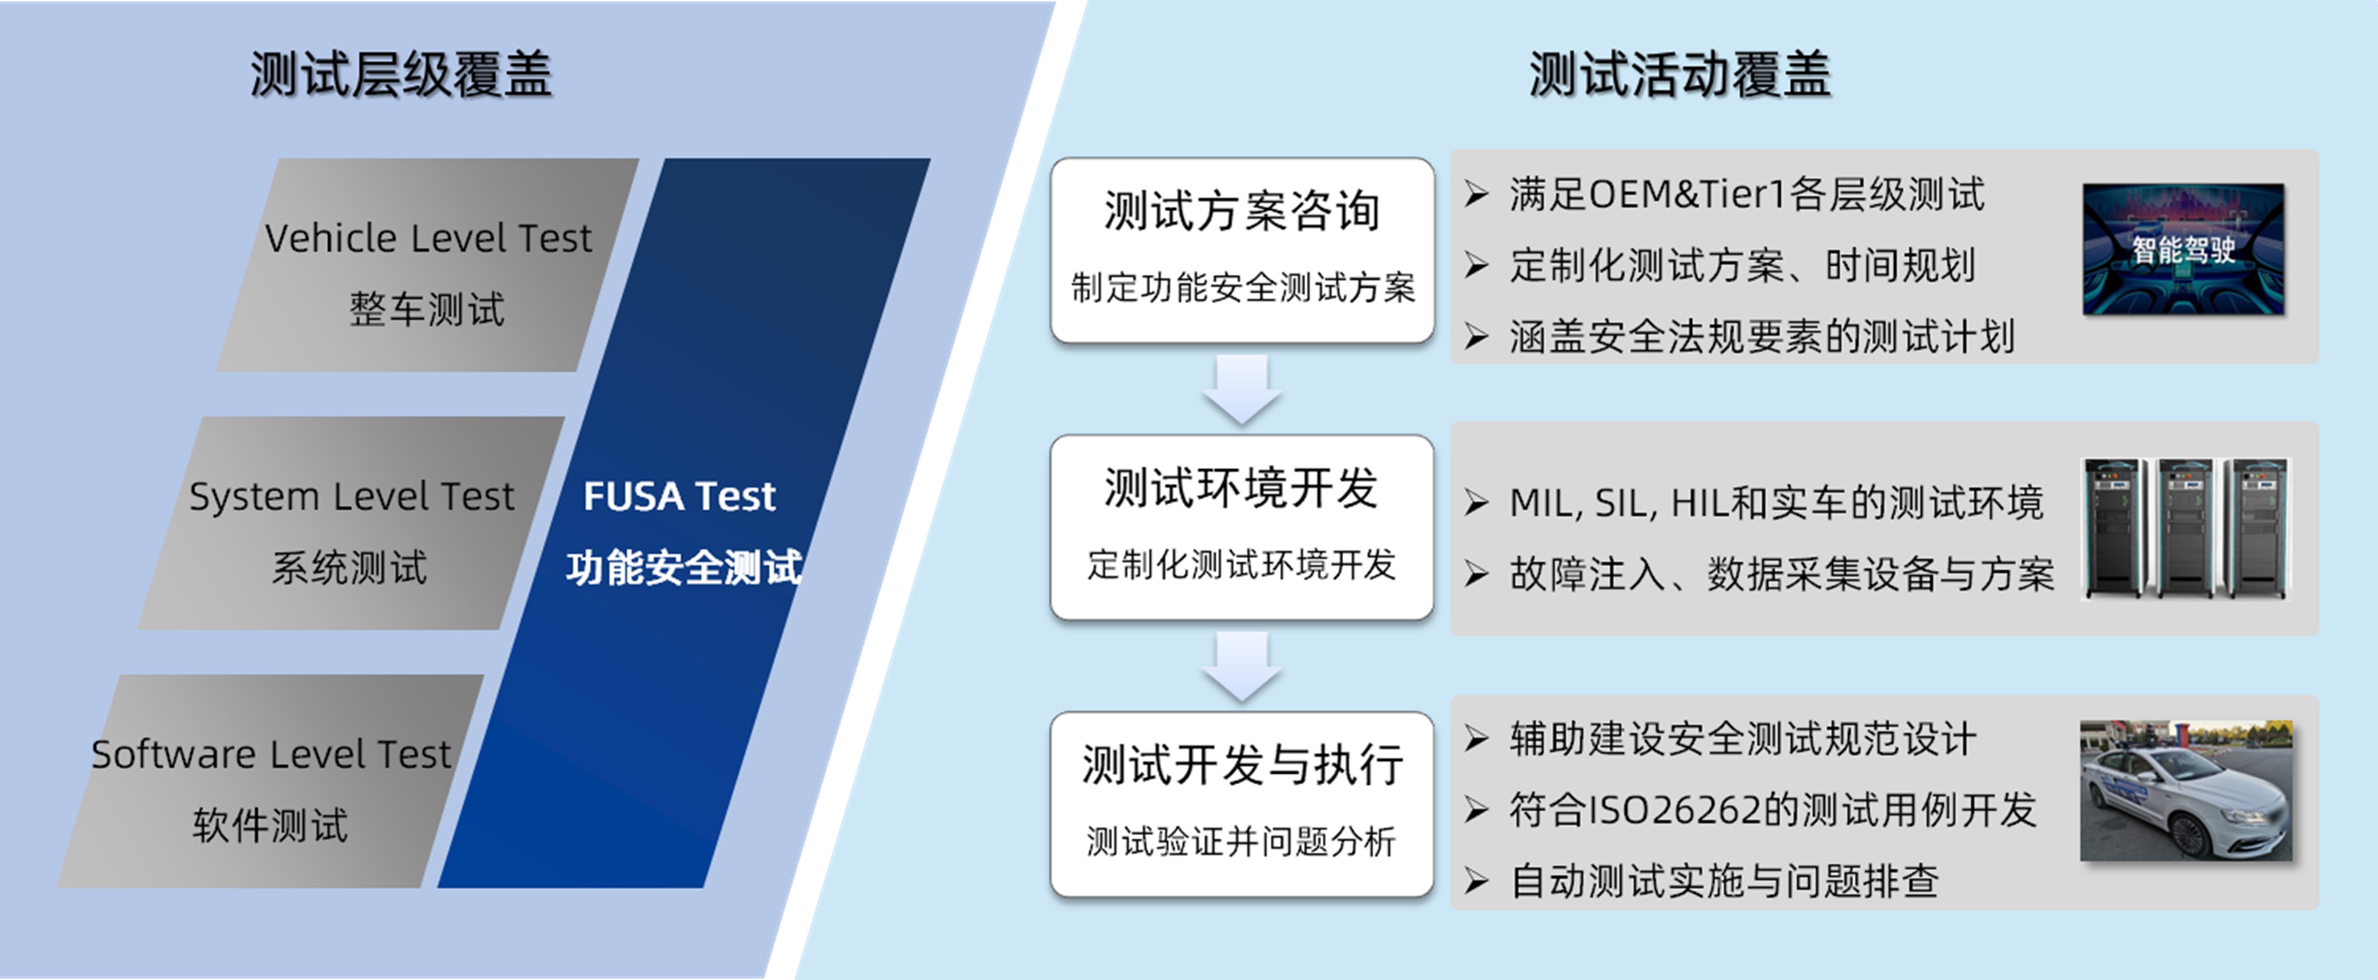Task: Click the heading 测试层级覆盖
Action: tap(402, 74)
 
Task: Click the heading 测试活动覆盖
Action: tap(1680, 74)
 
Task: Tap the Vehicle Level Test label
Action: tap(427, 238)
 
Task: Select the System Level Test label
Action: tap(351, 496)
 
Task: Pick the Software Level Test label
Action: tap(271, 754)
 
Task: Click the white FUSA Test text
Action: tap(679, 496)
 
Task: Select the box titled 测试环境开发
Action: tap(1242, 527)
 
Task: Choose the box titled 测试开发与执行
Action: tap(1242, 804)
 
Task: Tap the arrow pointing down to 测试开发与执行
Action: tap(1242, 666)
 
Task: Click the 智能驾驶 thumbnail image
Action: tap(2183, 249)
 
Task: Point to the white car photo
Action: tap(2186, 791)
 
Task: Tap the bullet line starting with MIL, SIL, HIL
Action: tap(1776, 503)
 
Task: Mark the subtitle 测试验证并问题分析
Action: tap(1242, 841)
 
